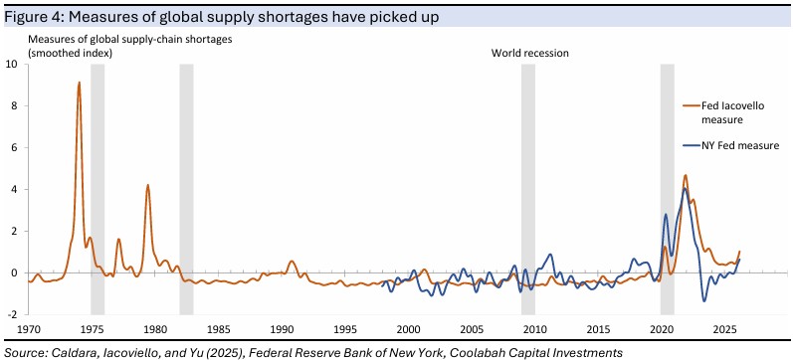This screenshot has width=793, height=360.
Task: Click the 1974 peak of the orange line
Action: click(x=79, y=83)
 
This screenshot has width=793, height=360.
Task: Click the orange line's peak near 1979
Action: click(x=147, y=185)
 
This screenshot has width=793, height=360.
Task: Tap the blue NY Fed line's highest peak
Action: click(x=685, y=188)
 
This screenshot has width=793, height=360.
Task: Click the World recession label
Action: click(x=530, y=53)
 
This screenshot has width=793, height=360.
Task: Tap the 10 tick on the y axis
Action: click(x=12, y=65)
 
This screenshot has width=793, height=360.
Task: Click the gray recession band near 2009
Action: click(x=528, y=189)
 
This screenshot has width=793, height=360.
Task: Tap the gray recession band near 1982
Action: click(x=186, y=189)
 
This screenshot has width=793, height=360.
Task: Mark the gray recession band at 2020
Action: click(x=667, y=189)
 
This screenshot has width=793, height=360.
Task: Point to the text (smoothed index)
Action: click(x=70, y=52)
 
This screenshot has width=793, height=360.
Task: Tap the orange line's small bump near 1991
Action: click(x=292, y=262)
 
